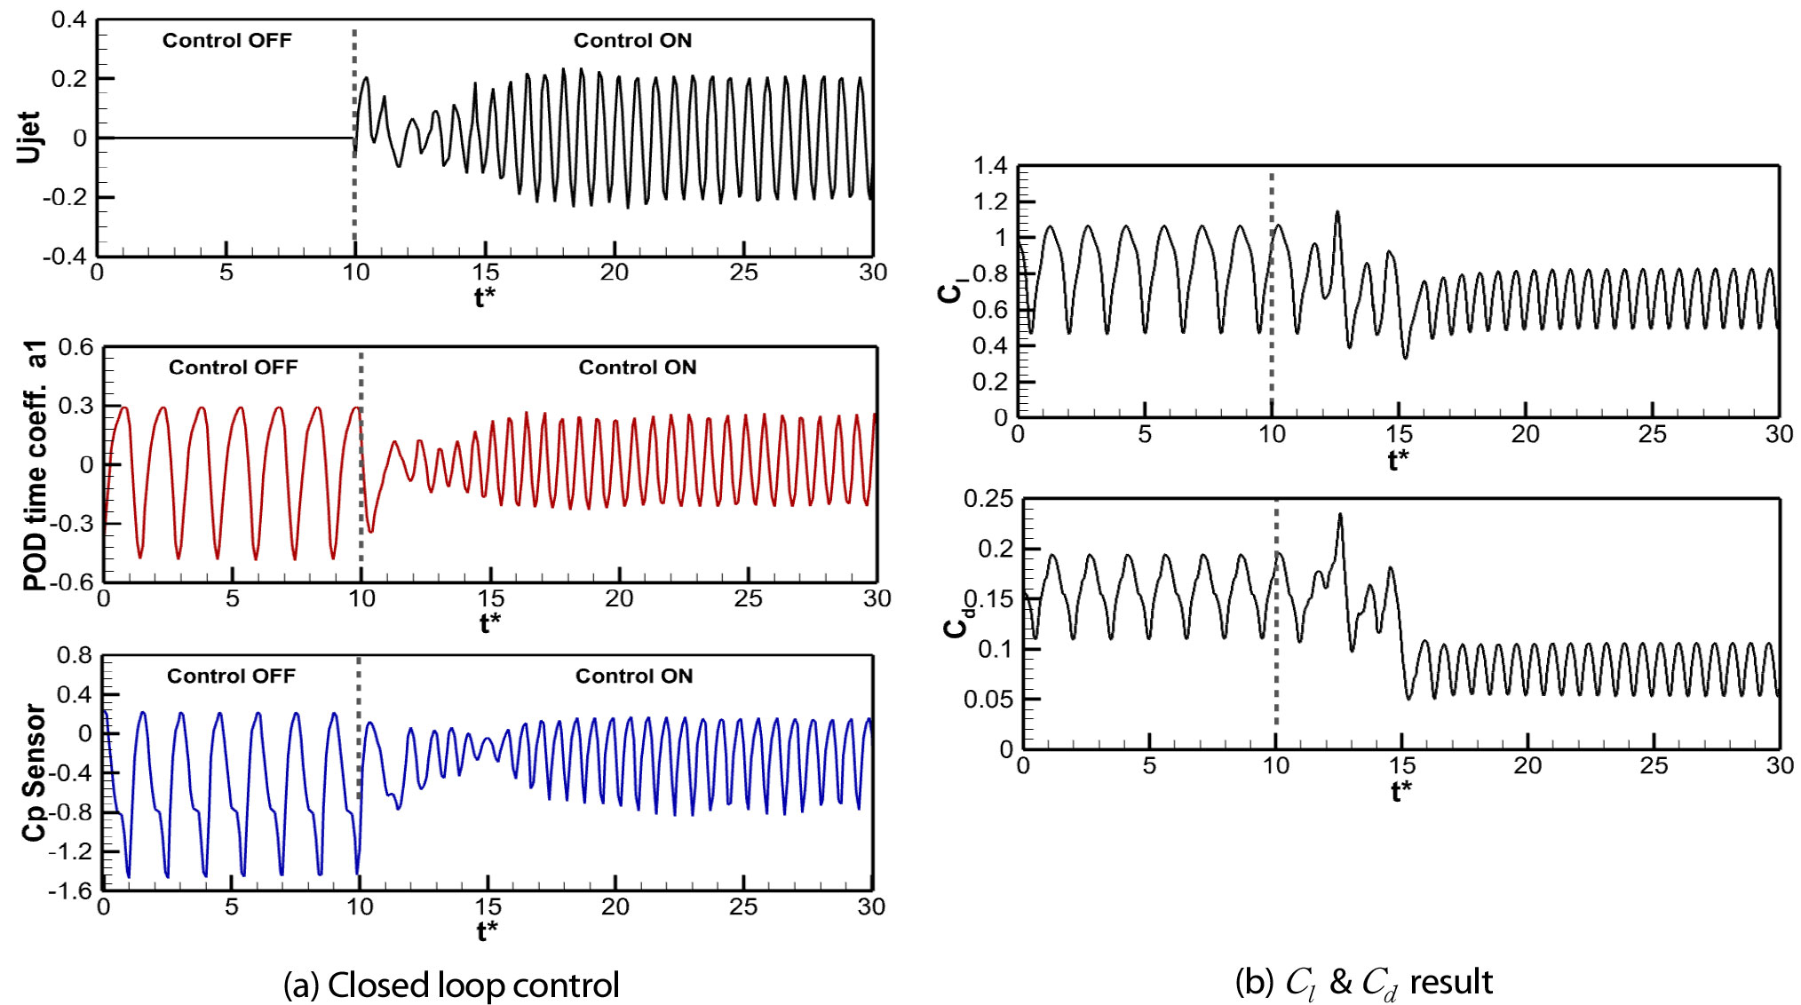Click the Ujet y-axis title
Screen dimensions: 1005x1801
coord(29,138)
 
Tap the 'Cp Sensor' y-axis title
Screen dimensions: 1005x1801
coord(34,772)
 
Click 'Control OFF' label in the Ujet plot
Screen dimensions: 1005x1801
coord(226,41)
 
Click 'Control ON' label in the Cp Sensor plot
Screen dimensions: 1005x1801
coord(633,677)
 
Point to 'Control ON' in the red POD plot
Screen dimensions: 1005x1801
coord(637,368)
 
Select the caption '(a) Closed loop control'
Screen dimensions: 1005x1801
coord(451,985)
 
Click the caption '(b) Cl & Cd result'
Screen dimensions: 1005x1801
coord(1363,983)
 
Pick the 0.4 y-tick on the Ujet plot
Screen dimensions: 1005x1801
coord(68,20)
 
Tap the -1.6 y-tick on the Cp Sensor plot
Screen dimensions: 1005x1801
coord(69,890)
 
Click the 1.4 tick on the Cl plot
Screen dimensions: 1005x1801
coord(990,166)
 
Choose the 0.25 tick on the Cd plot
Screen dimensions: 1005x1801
coord(988,499)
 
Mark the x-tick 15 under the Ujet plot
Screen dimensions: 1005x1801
coord(485,273)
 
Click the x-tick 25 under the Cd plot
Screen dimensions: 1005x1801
coord(1654,765)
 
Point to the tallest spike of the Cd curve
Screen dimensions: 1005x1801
coord(1340,515)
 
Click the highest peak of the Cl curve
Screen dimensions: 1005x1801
coord(1337,212)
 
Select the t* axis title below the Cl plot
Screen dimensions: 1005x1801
coord(1398,460)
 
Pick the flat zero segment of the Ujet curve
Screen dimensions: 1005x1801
coord(226,138)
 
